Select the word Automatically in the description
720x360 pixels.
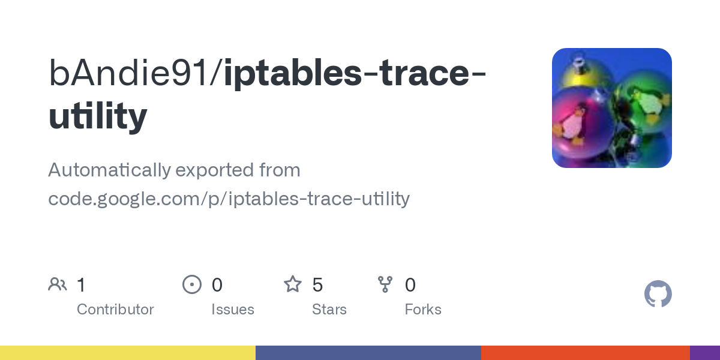109,170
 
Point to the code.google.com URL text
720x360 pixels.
229,198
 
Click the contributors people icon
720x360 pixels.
57,284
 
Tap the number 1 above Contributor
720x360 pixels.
81,284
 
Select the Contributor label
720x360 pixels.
115,310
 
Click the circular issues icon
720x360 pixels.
191,284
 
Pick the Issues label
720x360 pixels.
233,310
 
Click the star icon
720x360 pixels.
292,284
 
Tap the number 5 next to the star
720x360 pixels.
317,284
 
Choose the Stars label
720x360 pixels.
329,310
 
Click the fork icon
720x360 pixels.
385,284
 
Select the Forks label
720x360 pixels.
423,310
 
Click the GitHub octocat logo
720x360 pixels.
658,295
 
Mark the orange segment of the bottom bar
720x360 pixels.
585,353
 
